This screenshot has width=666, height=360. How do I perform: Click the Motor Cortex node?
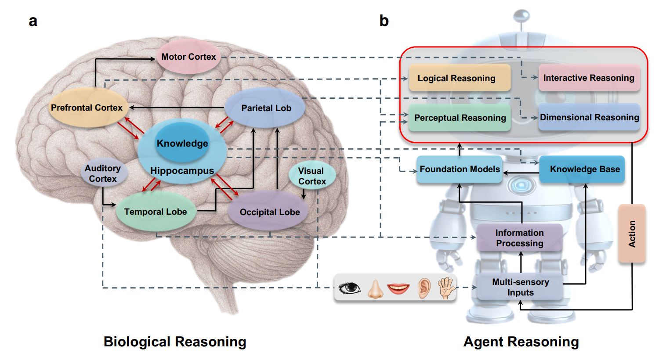tap(188, 57)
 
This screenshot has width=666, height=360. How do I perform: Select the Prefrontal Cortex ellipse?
tap(87, 108)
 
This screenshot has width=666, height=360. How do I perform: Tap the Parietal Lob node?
tap(266, 108)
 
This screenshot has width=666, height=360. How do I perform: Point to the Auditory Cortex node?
tap(103, 173)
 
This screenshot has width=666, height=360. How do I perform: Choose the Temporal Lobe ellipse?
tap(156, 212)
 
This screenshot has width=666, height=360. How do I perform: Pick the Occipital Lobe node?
tap(269, 212)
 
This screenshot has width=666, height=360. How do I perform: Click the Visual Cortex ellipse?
tap(312, 176)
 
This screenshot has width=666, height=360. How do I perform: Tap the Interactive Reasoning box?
tap(589, 78)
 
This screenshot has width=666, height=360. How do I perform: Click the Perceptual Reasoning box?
tap(460, 118)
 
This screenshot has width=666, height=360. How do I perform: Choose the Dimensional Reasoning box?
tap(589, 117)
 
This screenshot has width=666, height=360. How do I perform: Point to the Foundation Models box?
tap(460, 169)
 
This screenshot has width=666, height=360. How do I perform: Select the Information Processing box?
tap(519, 238)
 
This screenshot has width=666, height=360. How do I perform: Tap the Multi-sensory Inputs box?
tap(520, 287)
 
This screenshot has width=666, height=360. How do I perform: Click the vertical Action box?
tap(632, 234)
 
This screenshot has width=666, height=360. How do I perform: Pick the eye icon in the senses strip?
tap(350, 288)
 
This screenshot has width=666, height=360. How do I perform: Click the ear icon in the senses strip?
tap(423, 288)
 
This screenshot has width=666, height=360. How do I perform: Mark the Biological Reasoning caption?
tap(175, 342)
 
